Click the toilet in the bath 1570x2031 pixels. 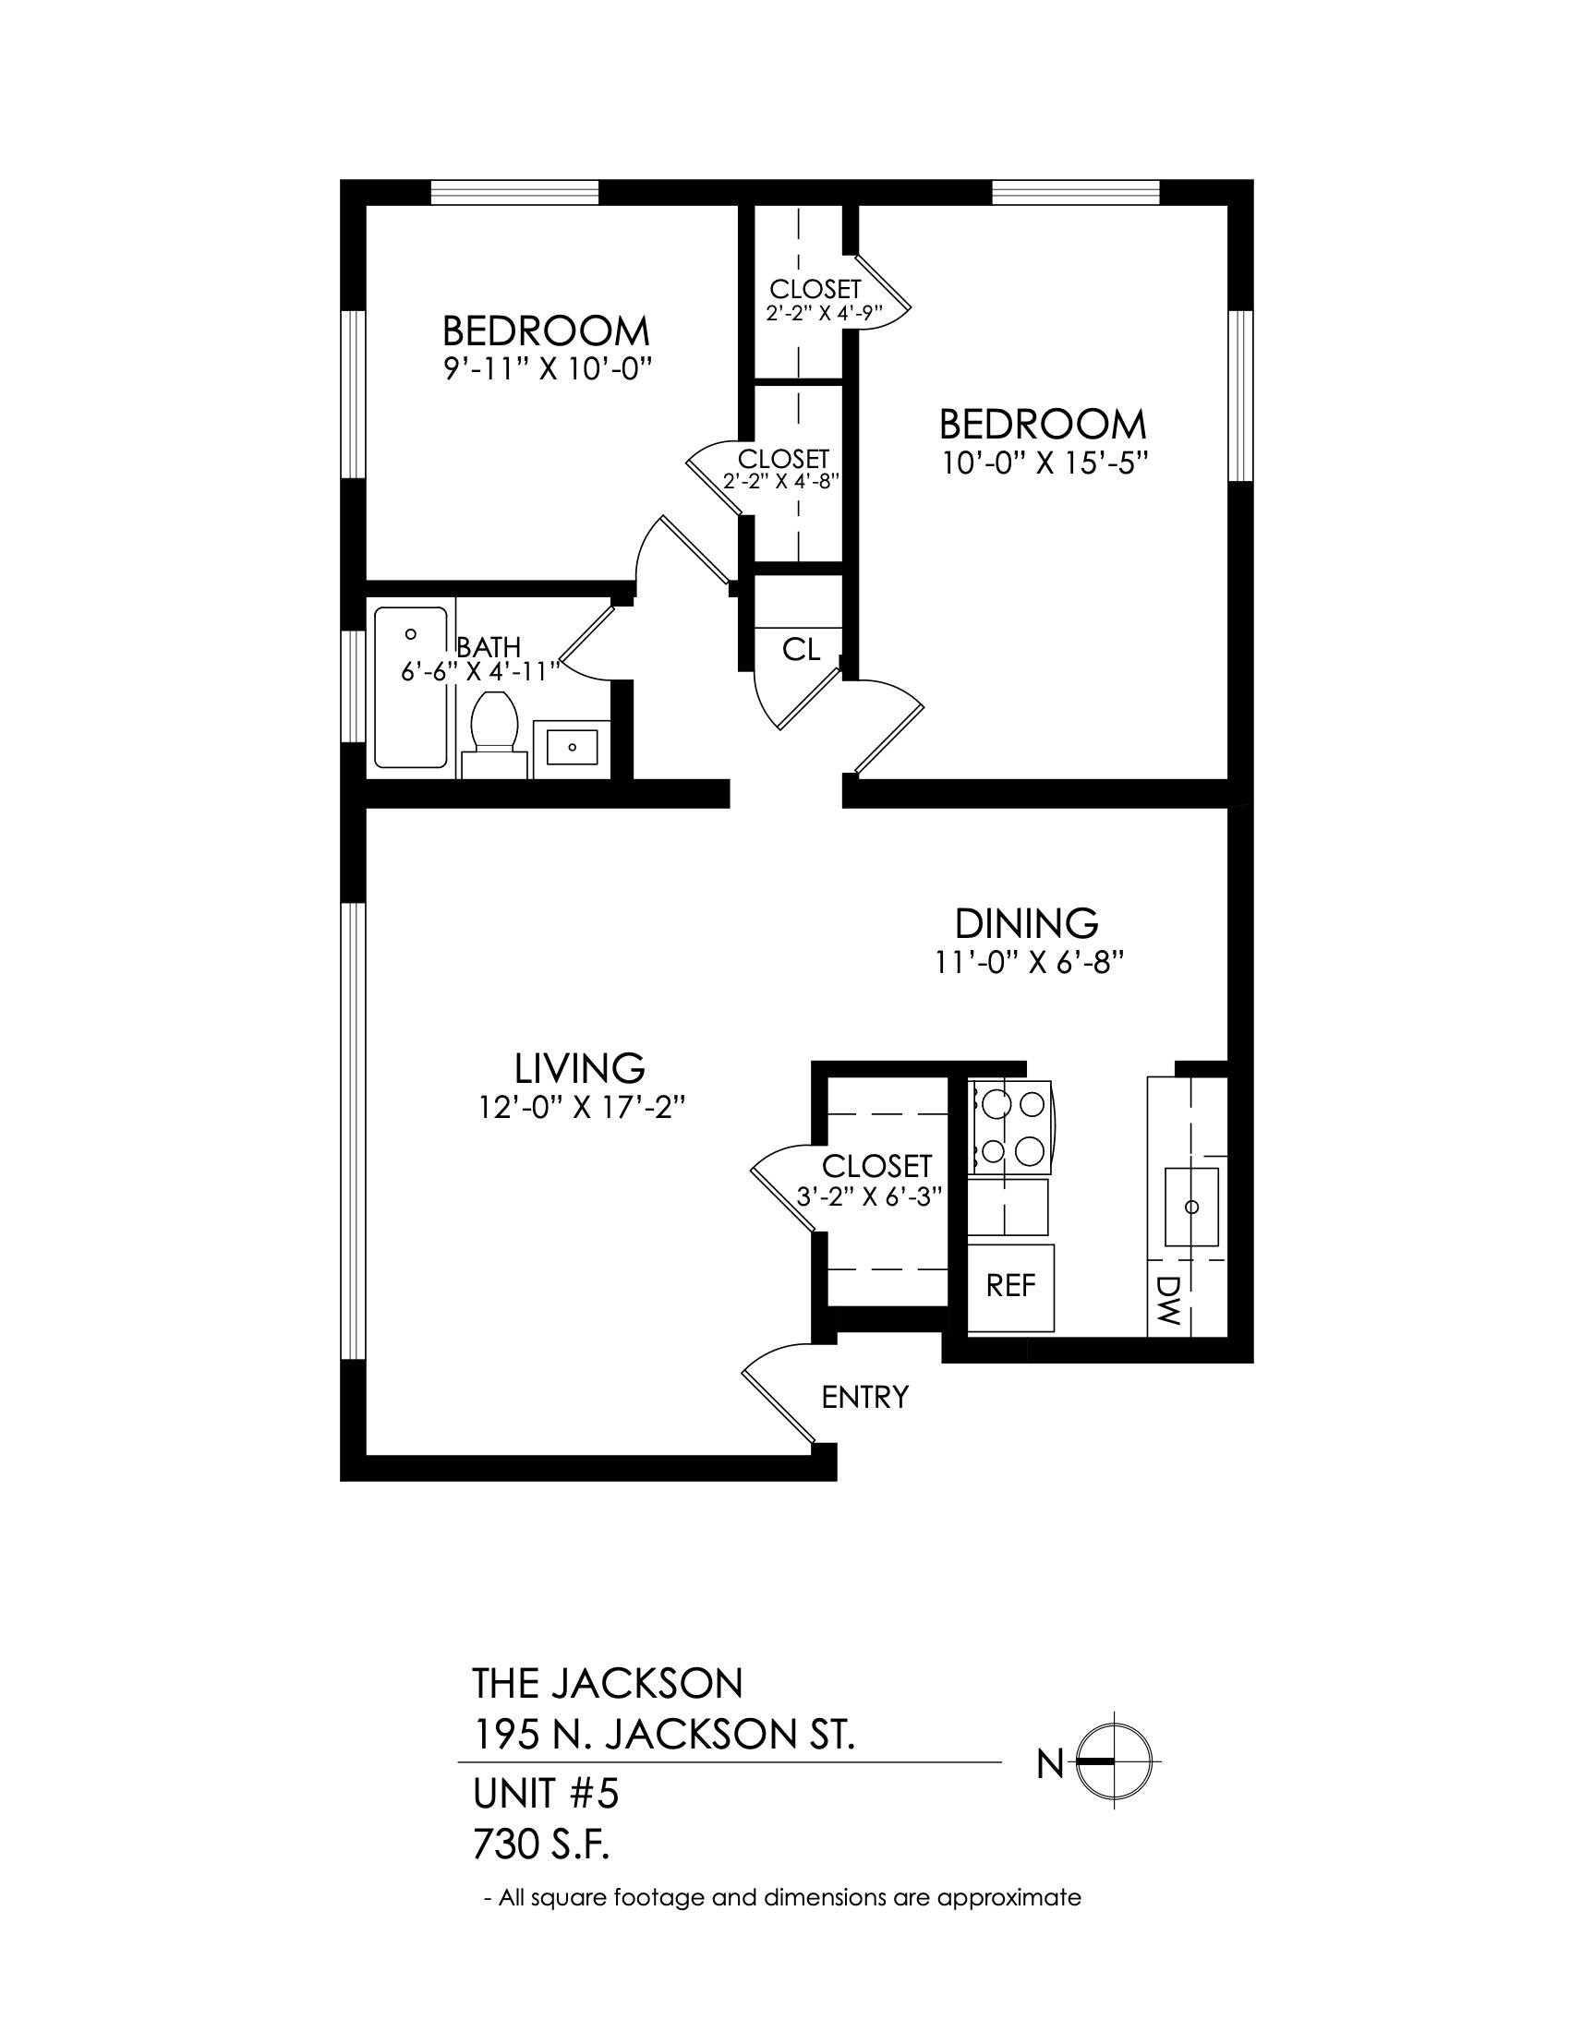coord(494,734)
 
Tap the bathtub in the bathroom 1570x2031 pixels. coord(410,687)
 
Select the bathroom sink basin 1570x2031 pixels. coord(571,746)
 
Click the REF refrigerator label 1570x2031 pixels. coord(1011,1286)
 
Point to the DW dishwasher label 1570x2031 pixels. coord(1169,1299)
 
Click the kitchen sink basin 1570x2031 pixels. coord(1191,1207)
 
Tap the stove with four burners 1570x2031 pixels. coord(1010,1126)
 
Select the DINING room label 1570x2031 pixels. coord(1027,923)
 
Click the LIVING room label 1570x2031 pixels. coord(580,1068)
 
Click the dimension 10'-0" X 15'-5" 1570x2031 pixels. coord(1041,463)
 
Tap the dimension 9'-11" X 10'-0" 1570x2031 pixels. coord(546,370)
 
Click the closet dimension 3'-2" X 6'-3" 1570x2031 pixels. coord(871,1196)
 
